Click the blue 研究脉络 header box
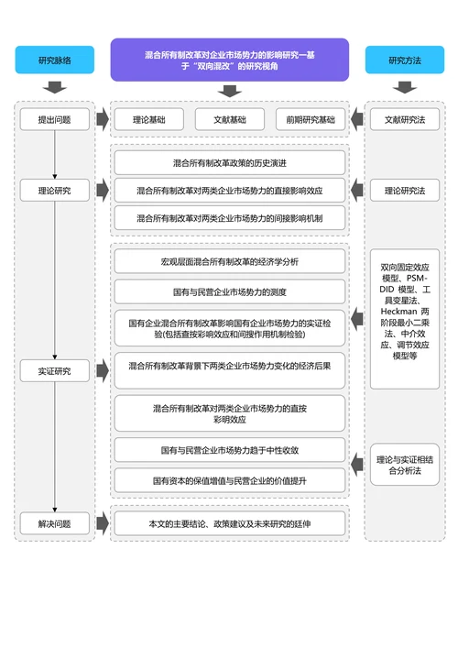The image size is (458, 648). [55, 60]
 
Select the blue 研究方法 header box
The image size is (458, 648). [404, 60]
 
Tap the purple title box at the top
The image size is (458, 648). [230, 60]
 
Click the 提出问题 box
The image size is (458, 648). [54, 119]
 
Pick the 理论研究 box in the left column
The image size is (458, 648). [54, 191]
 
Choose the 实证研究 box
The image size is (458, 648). [54, 371]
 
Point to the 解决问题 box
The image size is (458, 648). [54, 524]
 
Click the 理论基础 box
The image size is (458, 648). [149, 119]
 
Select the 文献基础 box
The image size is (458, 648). [230, 119]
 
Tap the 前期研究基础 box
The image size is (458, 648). [310, 119]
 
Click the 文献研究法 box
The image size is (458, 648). [404, 119]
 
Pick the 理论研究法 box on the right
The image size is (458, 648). [404, 191]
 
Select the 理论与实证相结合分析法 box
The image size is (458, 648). [404, 464]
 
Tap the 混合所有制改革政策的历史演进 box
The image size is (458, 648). [230, 162]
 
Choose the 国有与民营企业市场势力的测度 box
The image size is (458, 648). [230, 291]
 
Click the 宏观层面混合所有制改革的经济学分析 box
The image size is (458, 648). [230, 261]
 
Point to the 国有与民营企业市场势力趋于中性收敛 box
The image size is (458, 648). [230, 450]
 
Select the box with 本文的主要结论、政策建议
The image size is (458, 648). [230, 524]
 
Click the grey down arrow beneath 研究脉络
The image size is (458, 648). [55, 88]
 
